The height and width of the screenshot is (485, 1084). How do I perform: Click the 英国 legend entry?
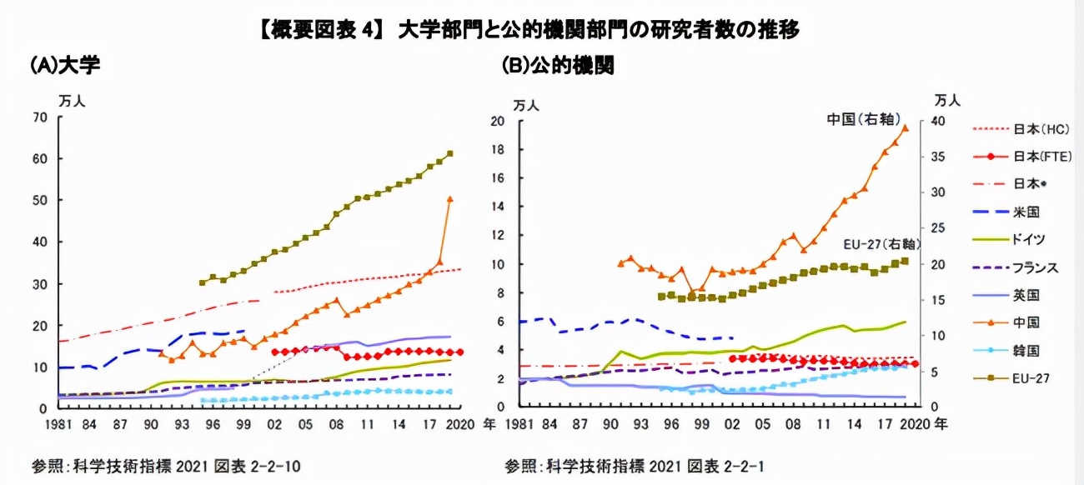point(1026,295)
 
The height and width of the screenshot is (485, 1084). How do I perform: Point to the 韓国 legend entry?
point(1026,350)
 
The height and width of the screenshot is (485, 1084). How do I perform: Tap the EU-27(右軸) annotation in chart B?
point(882,244)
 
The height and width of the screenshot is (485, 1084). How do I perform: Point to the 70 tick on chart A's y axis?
point(39,117)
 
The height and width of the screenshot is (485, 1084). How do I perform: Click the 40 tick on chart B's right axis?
point(934,122)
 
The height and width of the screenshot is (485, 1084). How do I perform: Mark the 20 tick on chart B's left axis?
point(499,122)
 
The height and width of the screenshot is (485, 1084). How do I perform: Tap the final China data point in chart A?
point(450,199)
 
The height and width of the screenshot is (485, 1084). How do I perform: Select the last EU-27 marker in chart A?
point(450,153)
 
